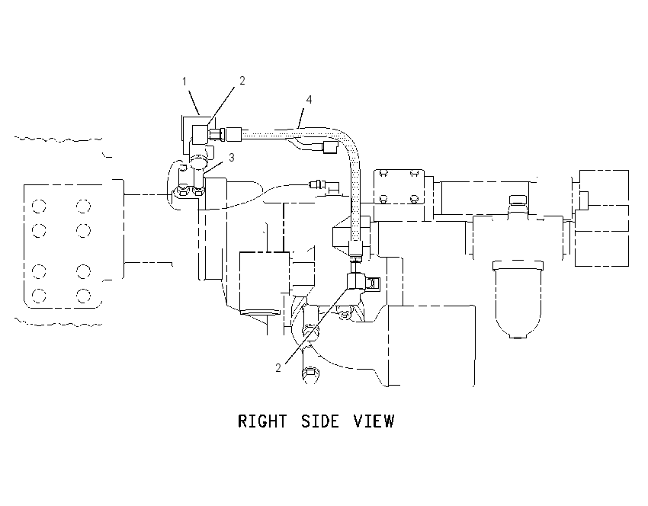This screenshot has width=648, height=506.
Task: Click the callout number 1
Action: coord(184,82)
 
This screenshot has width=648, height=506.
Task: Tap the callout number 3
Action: coord(232,158)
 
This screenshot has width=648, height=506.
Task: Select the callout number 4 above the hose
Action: coord(309,100)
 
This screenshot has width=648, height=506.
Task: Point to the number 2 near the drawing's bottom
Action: coord(278,367)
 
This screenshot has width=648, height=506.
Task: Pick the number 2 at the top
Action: coord(242,81)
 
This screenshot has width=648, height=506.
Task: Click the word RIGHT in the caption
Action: coord(262,421)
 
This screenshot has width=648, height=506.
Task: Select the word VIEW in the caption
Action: coord(374,421)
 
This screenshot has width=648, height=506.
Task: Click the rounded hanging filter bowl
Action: coord(518,299)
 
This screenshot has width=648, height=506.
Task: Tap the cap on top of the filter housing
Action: coord(518,200)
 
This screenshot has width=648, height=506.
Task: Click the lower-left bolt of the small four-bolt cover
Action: coord(383,199)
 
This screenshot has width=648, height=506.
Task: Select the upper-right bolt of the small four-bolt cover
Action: coord(414,174)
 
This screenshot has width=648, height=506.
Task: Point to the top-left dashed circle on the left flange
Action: coord(39,206)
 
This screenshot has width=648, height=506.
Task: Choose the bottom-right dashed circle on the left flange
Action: coord(83,296)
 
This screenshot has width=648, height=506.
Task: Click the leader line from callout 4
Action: coord(300,117)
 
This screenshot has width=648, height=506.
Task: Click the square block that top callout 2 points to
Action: coord(200,135)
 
